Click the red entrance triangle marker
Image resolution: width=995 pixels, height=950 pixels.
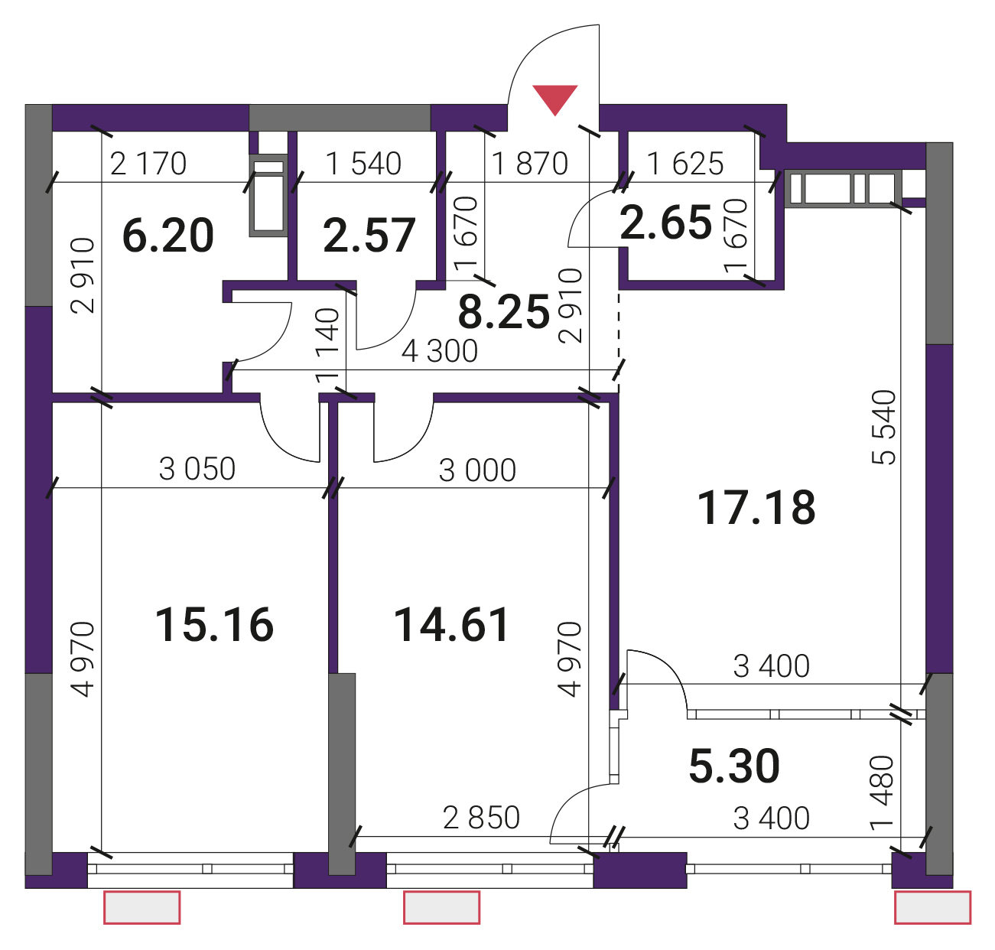[x=554, y=99]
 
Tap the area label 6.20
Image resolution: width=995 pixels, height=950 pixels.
[x=168, y=236]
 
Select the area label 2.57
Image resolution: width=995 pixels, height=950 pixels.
[x=369, y=236]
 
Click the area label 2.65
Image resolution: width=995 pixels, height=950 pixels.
[x=665, y=223]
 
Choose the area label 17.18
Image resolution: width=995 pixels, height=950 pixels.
[x=756, y=508]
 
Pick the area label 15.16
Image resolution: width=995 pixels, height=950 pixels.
[x=214, y=624]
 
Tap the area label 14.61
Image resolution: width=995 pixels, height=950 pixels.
[x=451, y=624]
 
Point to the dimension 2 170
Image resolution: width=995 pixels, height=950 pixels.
[x=148, y=164]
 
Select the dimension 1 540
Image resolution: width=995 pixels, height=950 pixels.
[x=363, y=164]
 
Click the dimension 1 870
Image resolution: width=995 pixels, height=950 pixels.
[x=530, y=164]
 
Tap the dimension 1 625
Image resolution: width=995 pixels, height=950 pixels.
[x=685, y=164]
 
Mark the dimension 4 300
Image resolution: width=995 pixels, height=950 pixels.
[x=440, y=352]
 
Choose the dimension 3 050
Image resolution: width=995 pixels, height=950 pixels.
[x=197, y=469]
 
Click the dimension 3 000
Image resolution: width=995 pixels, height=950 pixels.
[x=477, y=470]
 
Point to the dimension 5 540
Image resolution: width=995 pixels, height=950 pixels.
[x=884, y=427]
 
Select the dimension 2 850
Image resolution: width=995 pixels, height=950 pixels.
[x=481, y=818]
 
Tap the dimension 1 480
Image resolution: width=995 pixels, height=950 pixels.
[x=883, y=792]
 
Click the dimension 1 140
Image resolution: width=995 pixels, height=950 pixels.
[x=328, y=346]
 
